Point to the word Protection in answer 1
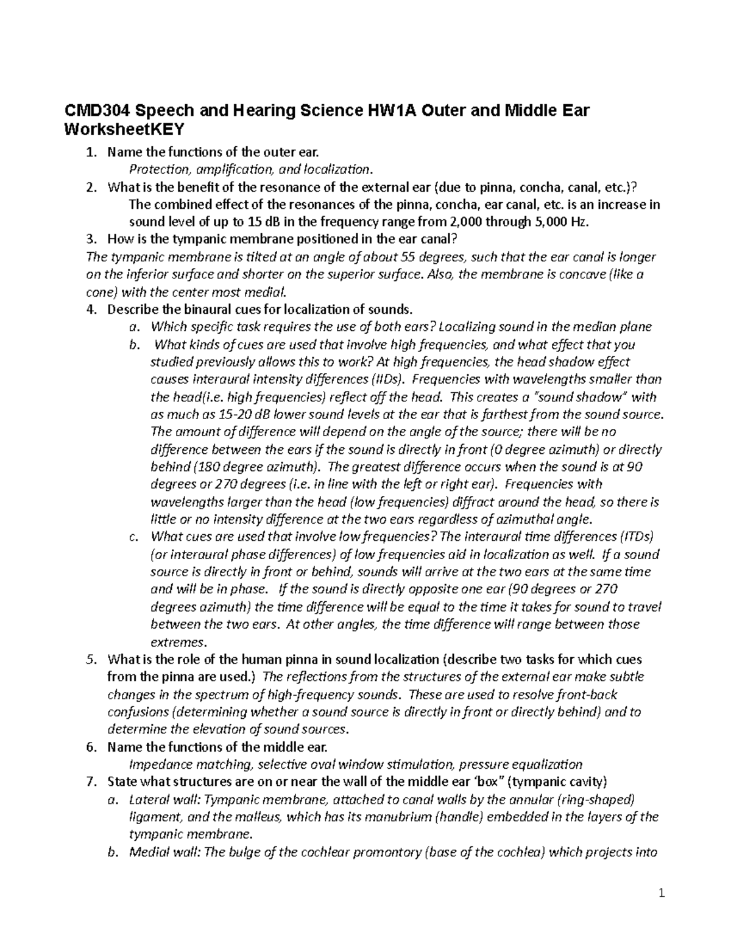[155, 169]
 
